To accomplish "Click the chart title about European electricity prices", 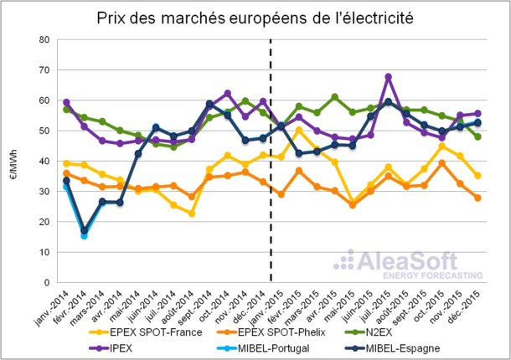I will pos(255,17).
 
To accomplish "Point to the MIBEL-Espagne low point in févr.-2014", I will pos(85,229).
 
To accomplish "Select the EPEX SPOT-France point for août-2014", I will pos(192,213).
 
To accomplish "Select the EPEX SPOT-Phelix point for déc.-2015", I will pos(477,198).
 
